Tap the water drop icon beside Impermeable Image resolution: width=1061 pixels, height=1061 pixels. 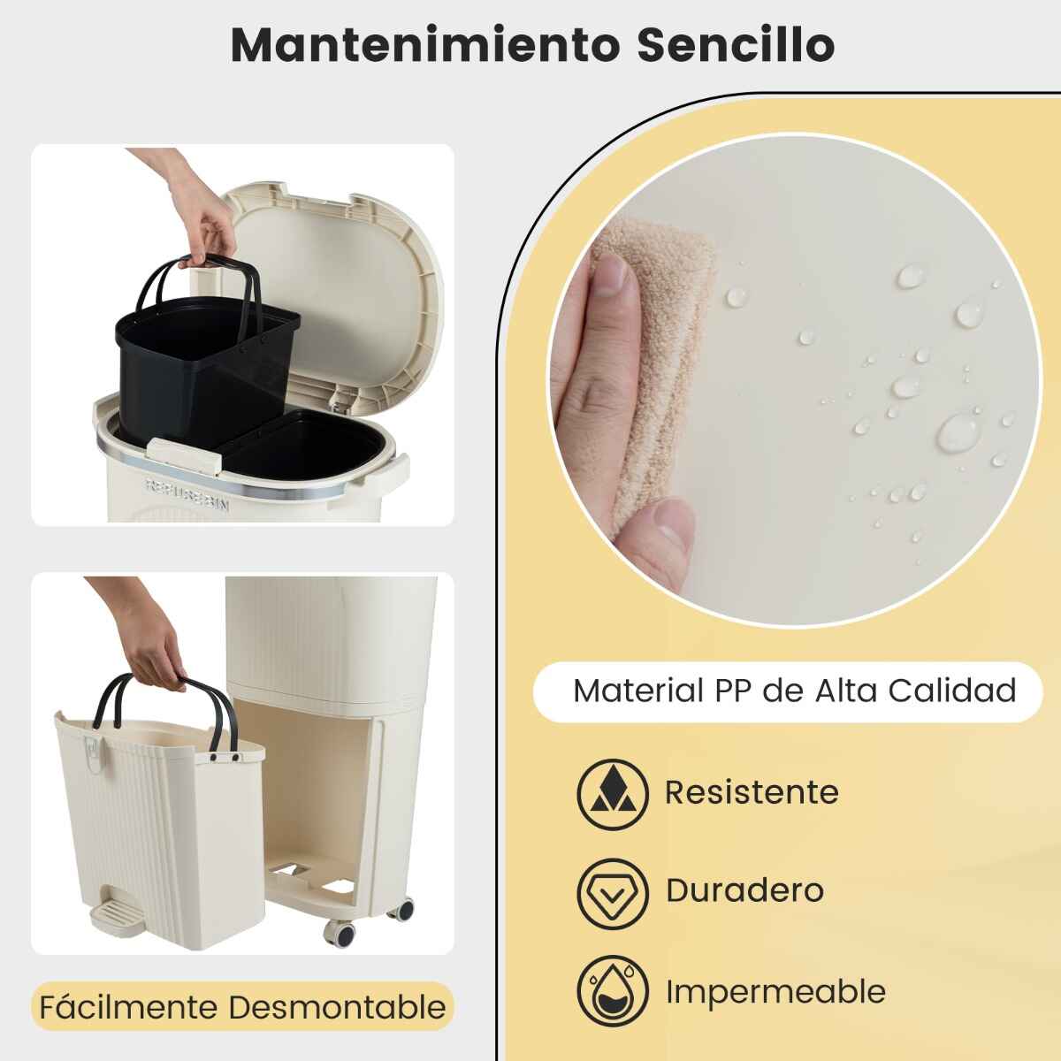[613, 992]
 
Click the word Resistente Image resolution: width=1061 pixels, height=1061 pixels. [752, 792]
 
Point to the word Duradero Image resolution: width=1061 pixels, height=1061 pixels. [745, 890]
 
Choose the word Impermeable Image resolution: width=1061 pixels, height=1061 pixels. [775, 992]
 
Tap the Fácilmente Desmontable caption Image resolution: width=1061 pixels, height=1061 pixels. [243, 1008]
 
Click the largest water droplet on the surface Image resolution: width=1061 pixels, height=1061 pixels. [959, 433]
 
